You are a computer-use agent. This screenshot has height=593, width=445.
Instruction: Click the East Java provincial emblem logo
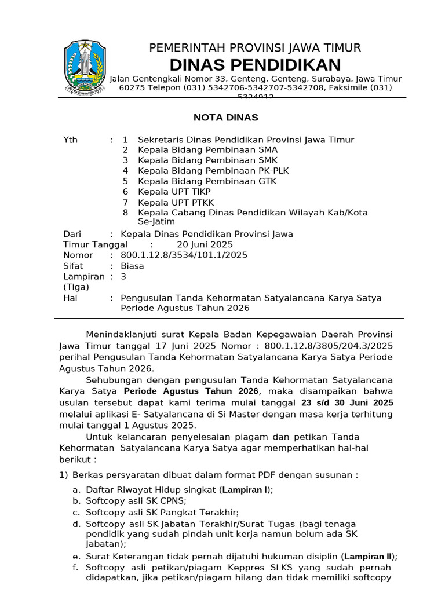85,67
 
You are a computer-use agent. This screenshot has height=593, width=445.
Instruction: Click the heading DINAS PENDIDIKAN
255,64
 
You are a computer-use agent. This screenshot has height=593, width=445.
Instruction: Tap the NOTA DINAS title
225,118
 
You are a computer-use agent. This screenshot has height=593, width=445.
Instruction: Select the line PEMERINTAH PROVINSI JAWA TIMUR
255,48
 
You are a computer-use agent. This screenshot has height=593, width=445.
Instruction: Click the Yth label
70,140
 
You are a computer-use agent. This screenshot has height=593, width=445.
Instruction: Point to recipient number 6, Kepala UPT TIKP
174,192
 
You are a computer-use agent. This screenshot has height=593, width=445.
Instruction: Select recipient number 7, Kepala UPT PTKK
176,202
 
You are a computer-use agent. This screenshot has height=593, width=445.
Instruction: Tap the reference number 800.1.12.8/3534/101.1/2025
184,255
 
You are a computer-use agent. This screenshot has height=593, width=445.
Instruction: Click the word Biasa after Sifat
132,266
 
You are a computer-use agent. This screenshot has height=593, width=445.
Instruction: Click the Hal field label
70,298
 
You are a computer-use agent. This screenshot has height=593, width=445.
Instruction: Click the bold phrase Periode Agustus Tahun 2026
191,391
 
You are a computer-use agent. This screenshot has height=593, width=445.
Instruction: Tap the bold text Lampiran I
244,489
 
